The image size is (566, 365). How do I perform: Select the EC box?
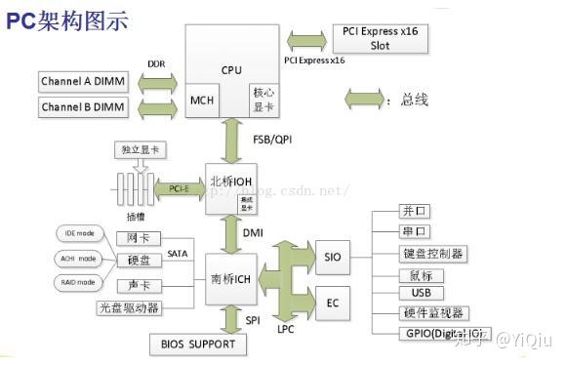pyautogui.click(x=333, y=304)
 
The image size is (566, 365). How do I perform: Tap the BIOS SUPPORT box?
pyautogui.click(x=198, y=345)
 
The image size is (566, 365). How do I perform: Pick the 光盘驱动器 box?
pyautogui.click(x=129, y=307)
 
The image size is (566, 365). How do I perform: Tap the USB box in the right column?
pyautogui.click(x=422, y=293)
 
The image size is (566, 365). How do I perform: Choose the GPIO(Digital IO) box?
pyautogui.click(x=439, y=335)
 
